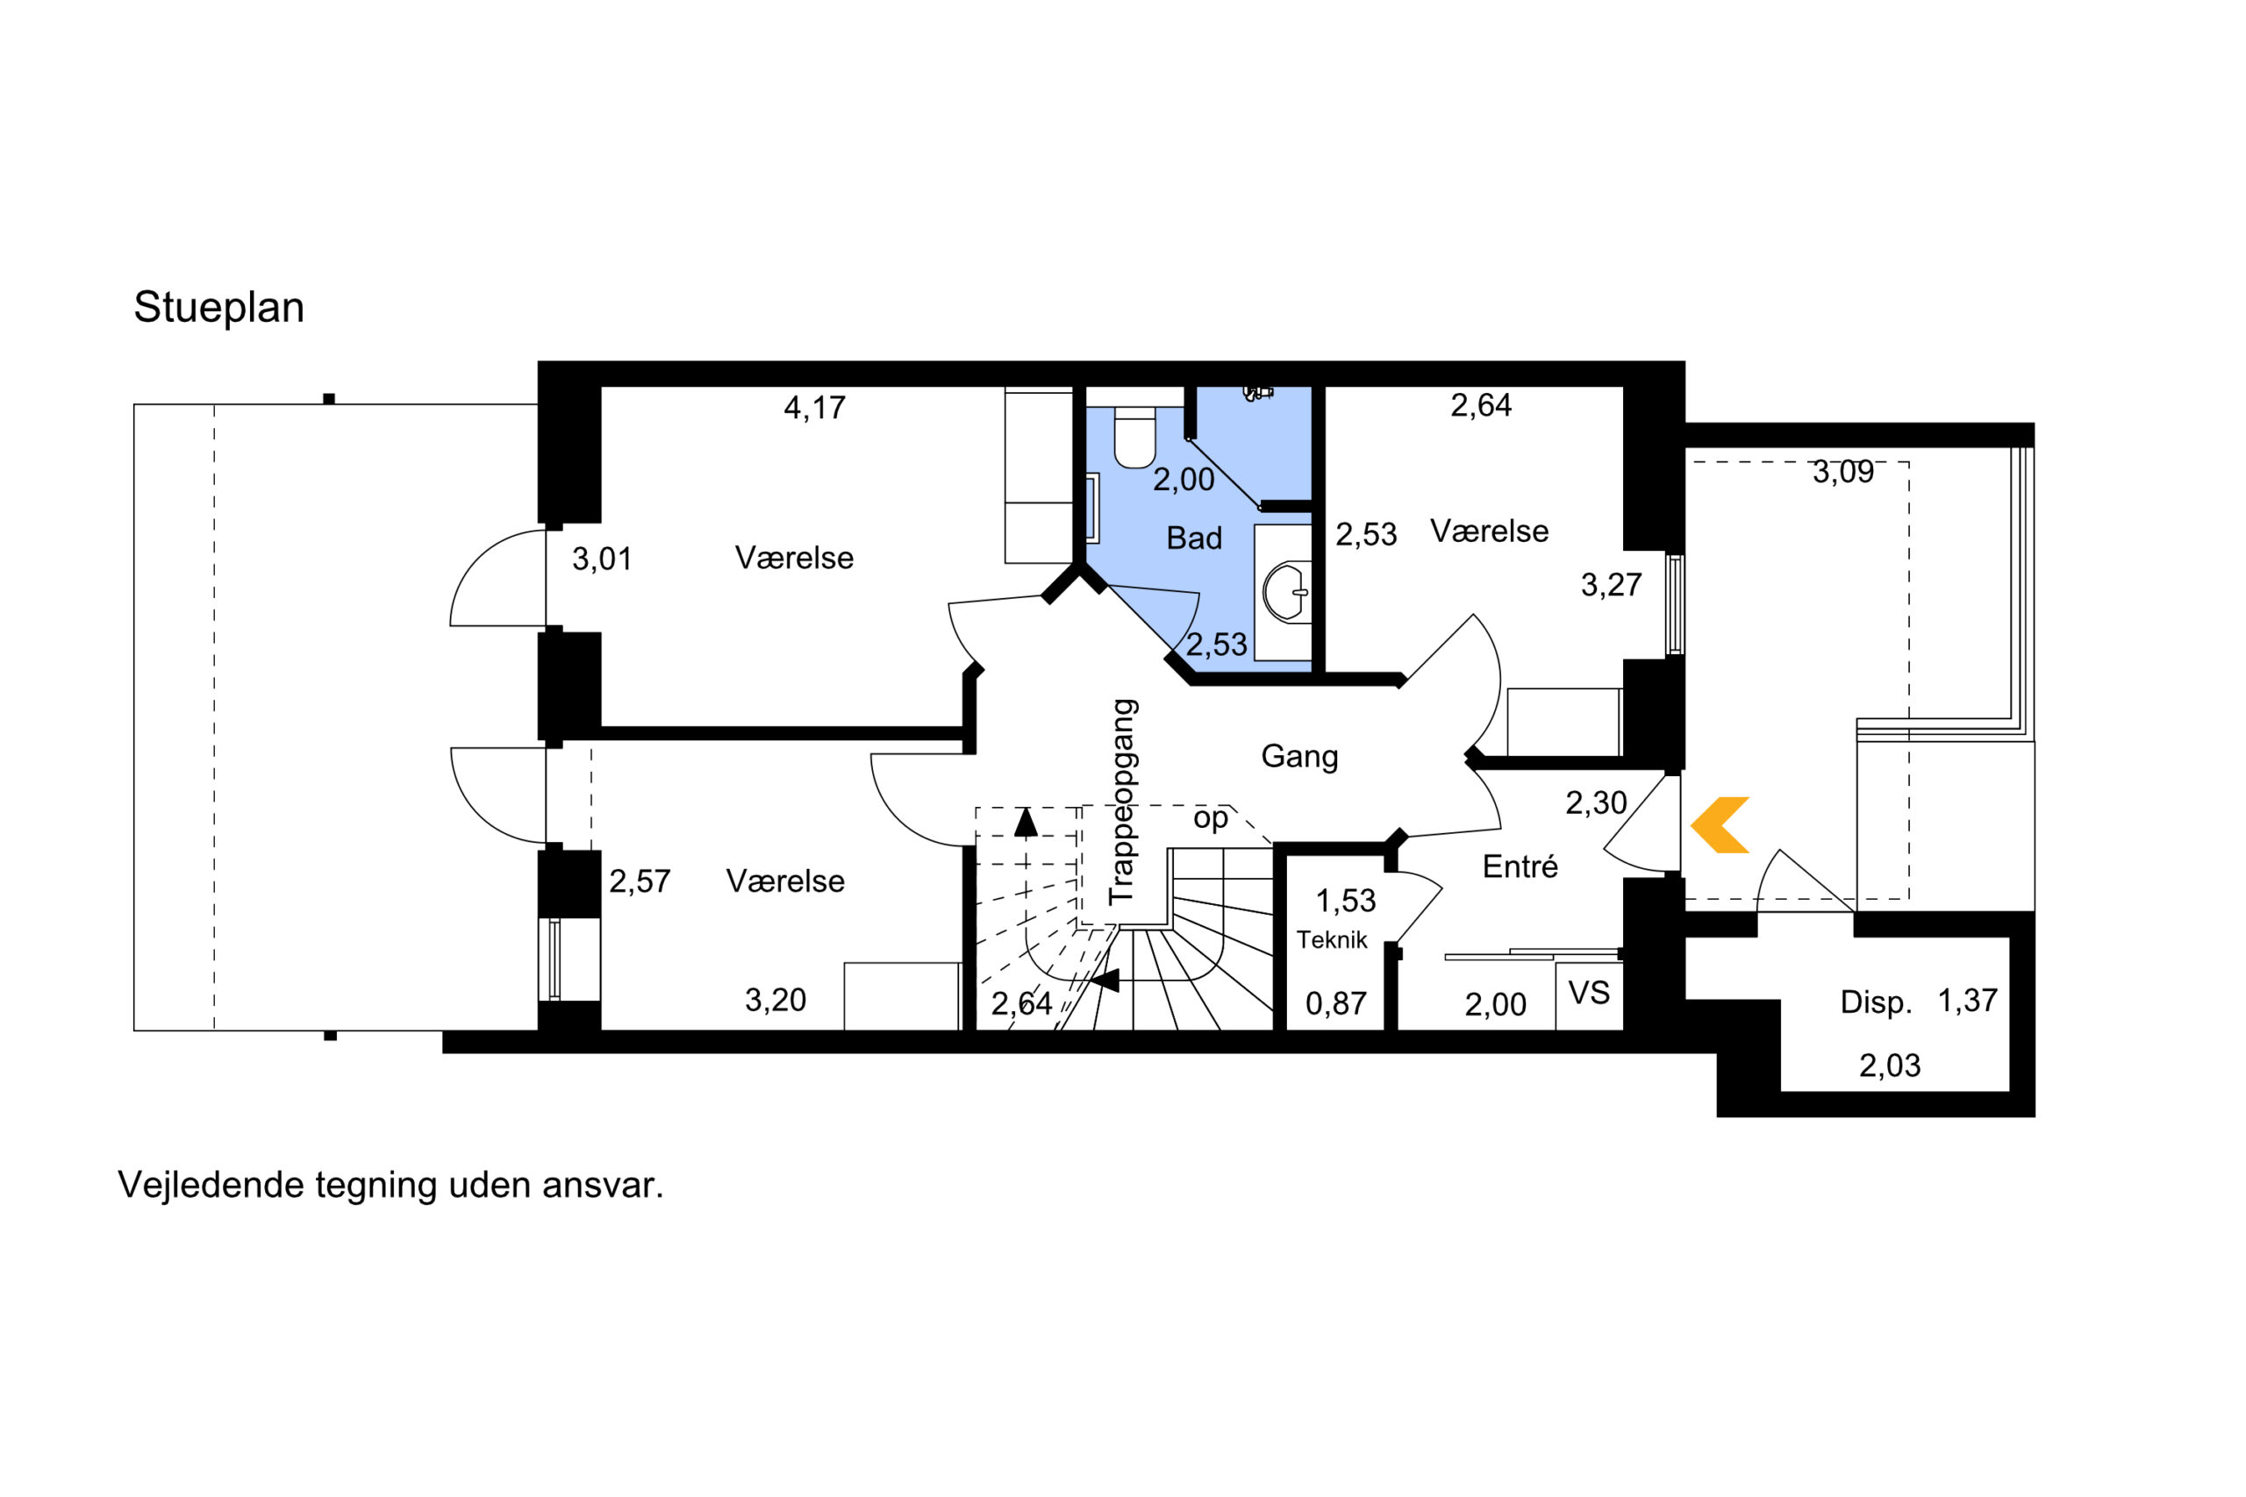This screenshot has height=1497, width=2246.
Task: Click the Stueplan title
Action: pyautogui.click(x=218, y=309)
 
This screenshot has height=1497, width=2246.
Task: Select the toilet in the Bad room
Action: pyautogui.click(x=1134, y=438)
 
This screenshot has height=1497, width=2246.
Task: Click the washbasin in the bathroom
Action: pyautogui.click(x=1286, y=592)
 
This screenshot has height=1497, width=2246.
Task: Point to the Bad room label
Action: pyautogui.click(x=1194, y=538)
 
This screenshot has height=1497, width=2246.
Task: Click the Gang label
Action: pyautogui.click(x=1298, y=756)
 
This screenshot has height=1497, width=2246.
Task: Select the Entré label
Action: pyautogui.click(x=1520, y=866)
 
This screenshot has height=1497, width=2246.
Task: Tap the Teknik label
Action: pyautogui.click(x=1331, y=940)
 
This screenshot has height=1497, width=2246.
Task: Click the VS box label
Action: pyautogui.click(x=1589, y=993)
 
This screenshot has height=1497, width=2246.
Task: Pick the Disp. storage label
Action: pyautogui.click(x=1876, y=1002)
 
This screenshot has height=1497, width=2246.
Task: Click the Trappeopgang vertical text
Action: pyautogui.click(x=1123, y=802)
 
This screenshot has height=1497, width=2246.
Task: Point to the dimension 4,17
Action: pyautogui.click(x=814, y=409)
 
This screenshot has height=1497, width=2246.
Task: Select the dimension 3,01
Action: pyautogui.click(x=602, y=560)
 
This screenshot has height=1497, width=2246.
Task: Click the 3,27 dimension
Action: pyautogui.click(x=1611, y=584)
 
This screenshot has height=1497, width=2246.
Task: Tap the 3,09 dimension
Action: pyautogui.click(x=1843, y=472)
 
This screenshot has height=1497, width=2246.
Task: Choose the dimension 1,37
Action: pyautogui.click(x=1967, y=1001)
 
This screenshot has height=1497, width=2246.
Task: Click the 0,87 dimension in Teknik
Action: pyautogui.click(x=1336, y=1003)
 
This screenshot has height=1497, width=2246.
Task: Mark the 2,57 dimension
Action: pyautogui.click(x=640, y=881)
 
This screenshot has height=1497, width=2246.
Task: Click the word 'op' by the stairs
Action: pyautogui.click(x=1210, y=818)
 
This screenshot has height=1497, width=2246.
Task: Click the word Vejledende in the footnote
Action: pyautogui.click(x=209, y=1186)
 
